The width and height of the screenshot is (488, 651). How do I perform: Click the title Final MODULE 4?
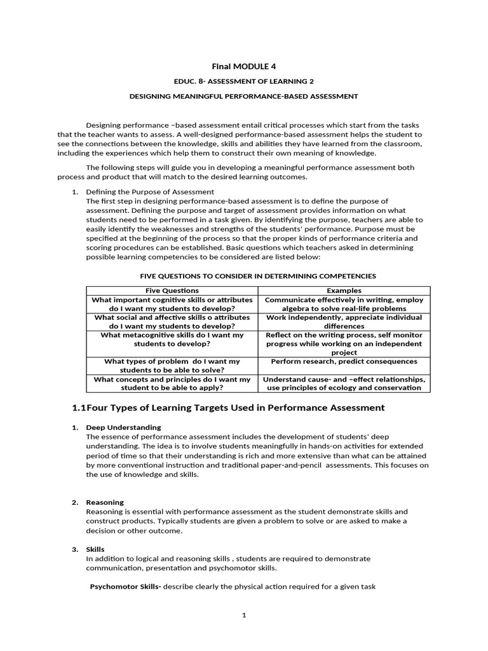tap(243, 66)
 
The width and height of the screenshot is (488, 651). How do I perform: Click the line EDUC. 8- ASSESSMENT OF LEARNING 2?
tap(243, 81)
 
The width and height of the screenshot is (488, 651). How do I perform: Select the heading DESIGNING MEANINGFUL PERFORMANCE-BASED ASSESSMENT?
tap(243, 97)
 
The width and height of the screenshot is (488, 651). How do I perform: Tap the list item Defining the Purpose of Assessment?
tap(150, 191)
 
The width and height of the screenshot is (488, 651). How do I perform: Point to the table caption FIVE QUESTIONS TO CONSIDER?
tap(257, 276)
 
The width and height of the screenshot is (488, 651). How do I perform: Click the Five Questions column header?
tap(172, 291)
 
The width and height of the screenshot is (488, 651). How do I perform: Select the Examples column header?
tap(344, 291)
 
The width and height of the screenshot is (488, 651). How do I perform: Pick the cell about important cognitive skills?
tap(172, 304)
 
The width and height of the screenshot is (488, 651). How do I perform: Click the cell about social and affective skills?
tap(172, 322)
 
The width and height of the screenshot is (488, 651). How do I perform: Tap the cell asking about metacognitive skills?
tap(172, 339)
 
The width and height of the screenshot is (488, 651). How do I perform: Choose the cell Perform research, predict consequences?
tap(344, 361)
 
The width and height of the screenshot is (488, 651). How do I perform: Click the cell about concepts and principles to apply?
tap(172, 383)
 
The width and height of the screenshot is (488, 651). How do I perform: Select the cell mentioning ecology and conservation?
tap(344, 383)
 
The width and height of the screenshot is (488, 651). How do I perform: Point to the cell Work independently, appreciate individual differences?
tap(344, 322)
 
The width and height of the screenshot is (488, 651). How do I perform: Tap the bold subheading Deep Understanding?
tap(123, 427)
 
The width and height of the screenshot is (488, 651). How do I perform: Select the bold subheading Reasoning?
tap(105, 502)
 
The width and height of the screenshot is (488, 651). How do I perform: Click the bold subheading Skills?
tap(95, 549)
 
